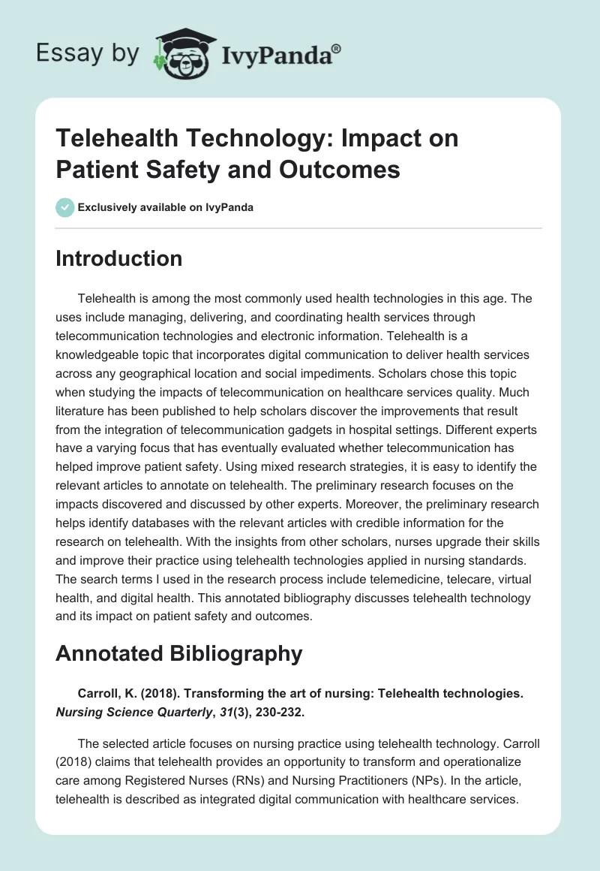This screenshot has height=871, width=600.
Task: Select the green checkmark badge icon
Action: coord(65,207)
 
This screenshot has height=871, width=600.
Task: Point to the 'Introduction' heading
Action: coord(119,258)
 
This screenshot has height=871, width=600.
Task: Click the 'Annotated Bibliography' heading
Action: coord(179,653)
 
